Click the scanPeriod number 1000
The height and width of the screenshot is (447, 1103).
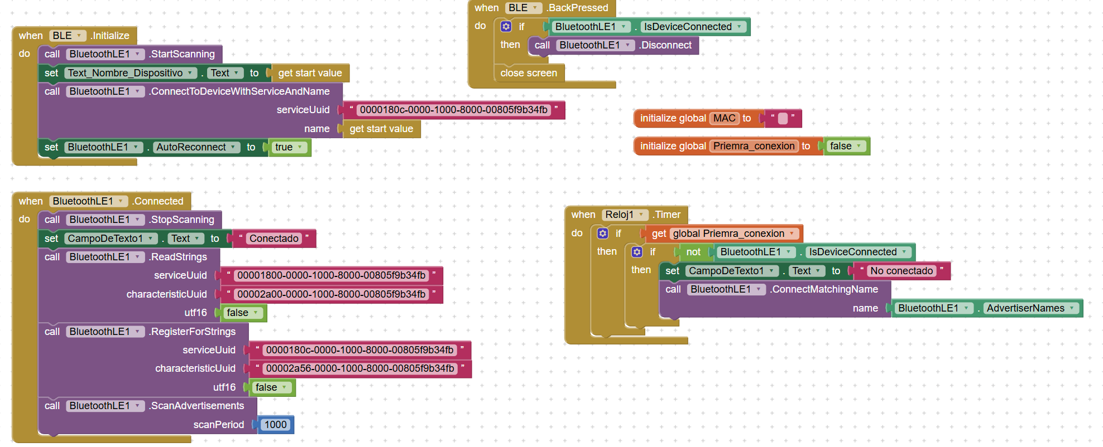[x=275, y=425]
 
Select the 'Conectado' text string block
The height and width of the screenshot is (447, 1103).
[x=274, y=239]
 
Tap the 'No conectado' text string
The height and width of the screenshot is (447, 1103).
[x=901, y=271]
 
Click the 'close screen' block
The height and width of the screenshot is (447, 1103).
[x=528, y=73]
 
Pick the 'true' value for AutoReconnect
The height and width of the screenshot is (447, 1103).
[x=284, y=147]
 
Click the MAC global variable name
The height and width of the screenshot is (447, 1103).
[x=724, y=118]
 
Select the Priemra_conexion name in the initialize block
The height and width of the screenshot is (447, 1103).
[x=754, y=146]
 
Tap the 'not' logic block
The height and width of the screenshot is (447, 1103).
[x=693, y=252]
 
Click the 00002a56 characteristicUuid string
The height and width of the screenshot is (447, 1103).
[x=359, y=368]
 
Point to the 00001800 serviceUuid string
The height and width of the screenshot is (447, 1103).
[x=331, y=275]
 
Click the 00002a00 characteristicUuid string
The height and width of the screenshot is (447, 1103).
[x=331, y=294]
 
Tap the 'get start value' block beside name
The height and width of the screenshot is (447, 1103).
[x=381, y=129]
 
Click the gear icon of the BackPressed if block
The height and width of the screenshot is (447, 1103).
[x=506, y=27]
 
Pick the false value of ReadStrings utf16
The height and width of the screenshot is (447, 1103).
[x=238, y=313]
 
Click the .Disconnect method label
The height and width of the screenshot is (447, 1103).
[x=666, y=45]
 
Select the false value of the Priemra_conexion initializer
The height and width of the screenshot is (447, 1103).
[x=841, y=146]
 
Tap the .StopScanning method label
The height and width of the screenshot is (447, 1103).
[x=182, y=220]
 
